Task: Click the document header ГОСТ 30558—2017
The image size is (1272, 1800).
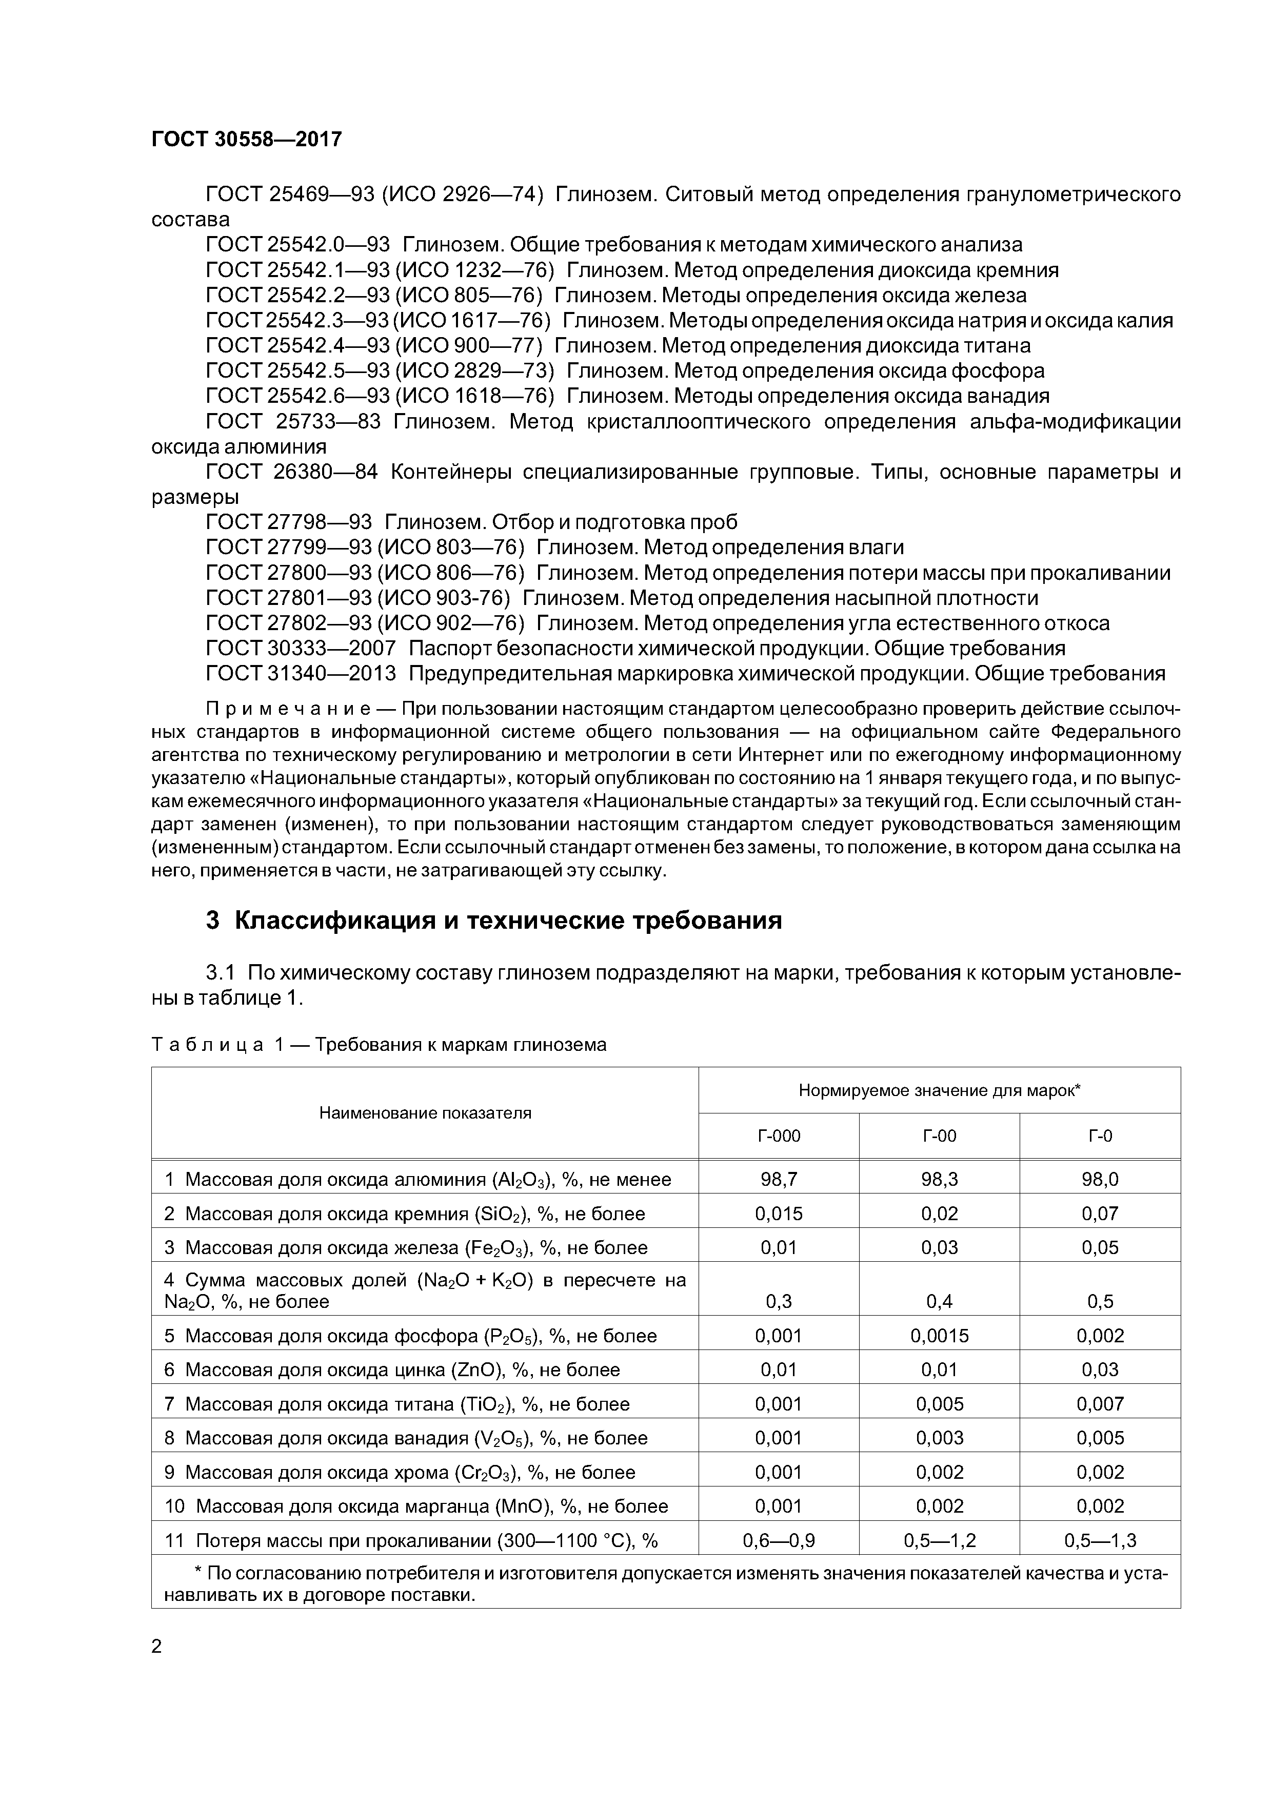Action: tap(246, 140)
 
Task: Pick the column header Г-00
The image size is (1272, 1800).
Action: tap(939, 1136)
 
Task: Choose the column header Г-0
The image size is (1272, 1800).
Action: tap(1100, 1136)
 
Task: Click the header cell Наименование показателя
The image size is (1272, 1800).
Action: tap(425, 1113)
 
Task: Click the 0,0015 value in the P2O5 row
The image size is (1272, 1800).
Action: tap(939, 1336)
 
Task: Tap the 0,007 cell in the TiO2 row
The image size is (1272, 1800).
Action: tap(1100, 1404)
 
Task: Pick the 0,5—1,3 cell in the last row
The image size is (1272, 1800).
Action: tap(1100, 1540)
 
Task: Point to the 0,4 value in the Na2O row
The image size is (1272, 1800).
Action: tap(939, 1301)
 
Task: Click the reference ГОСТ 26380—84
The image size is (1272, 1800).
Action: tap(291, 472)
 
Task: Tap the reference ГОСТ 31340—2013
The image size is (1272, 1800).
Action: tap(301, 673)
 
